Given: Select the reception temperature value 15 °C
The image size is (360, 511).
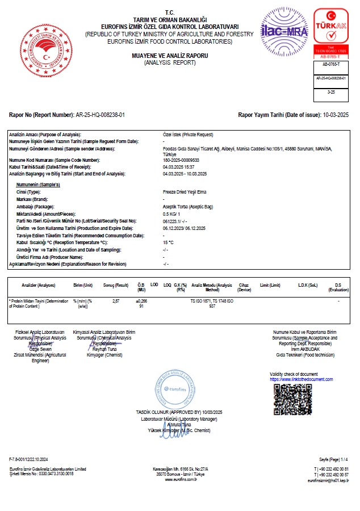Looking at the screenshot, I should coord(168,242).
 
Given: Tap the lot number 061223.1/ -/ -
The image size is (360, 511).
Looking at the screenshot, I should coord(175,221).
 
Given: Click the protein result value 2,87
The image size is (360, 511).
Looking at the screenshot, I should coord(116,300).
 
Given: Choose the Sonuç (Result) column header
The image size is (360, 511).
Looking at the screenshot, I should coord(116,285).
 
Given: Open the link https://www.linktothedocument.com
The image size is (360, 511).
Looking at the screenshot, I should coord(301,379).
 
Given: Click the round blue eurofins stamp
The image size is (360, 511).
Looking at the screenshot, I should coord(175,386).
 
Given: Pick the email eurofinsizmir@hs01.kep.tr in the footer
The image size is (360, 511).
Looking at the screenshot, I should coord(328,480).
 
